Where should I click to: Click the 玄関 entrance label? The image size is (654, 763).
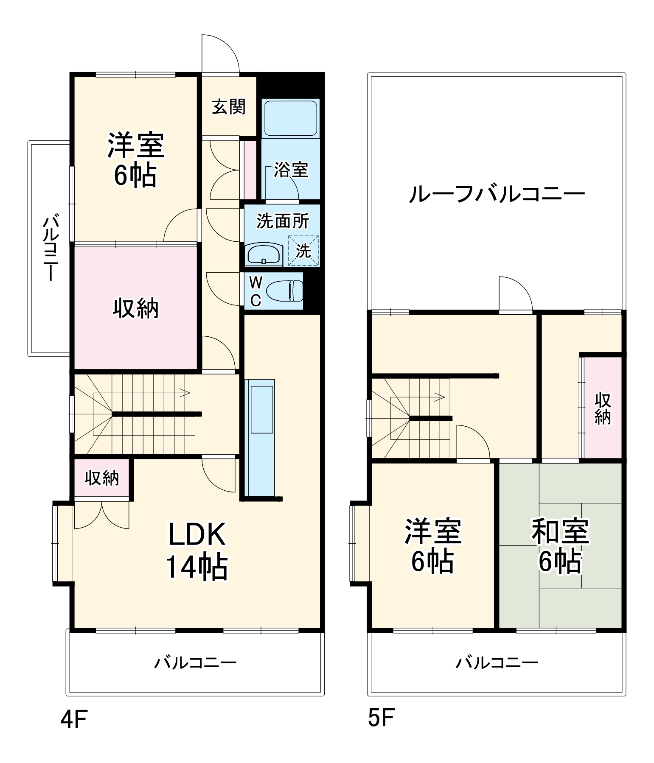click(229, 106)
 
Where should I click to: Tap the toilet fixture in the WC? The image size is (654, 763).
click(284, 291)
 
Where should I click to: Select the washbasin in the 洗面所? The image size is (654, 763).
click(264, 254)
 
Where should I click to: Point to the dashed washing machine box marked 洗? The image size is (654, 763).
click(303, 251)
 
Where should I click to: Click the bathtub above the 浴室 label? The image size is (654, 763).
click(290, 117)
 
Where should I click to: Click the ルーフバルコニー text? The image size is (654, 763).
click(497, 194)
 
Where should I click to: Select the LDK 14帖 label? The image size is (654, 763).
click(197, 551)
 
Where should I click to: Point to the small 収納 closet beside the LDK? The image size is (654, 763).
click(101, 478)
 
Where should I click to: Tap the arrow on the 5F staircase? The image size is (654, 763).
click(440, 397)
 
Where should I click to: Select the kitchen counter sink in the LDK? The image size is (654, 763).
click(261, 409)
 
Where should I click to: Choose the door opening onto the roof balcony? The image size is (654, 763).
click(515, 294)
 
